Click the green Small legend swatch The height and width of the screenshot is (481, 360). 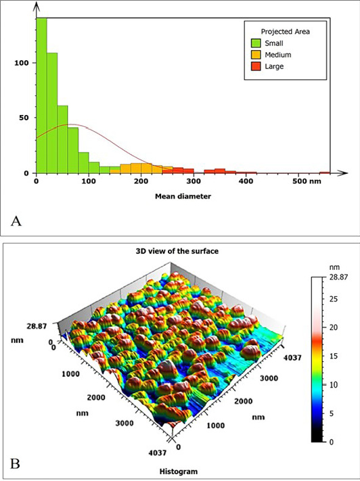pos(256,43)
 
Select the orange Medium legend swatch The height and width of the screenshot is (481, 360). pos(256,55)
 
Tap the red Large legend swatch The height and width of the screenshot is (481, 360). pos(256,66)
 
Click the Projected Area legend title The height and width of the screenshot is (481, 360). pos(285,32)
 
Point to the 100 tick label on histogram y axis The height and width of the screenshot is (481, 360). pos(22,63)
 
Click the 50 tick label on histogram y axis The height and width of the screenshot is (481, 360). pos(24,118)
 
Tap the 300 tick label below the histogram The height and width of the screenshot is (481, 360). pos(194,181)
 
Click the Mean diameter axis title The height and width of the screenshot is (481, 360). pos(183,196)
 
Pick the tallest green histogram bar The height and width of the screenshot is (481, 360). pos(42,95)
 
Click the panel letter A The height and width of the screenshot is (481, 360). pos(16,221)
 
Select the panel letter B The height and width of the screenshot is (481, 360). pos(15,463)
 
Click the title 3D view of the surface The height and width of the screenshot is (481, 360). pos(177,251)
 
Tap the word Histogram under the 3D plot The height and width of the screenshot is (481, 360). pos(179,471)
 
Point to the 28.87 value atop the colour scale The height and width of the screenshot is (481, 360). pos(339,277)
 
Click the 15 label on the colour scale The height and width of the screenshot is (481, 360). pos(334,356)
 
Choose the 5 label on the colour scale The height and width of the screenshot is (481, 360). pos(332,413)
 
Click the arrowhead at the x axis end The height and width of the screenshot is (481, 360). pos(344,173)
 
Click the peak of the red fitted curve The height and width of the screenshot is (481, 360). pos(70,124)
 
